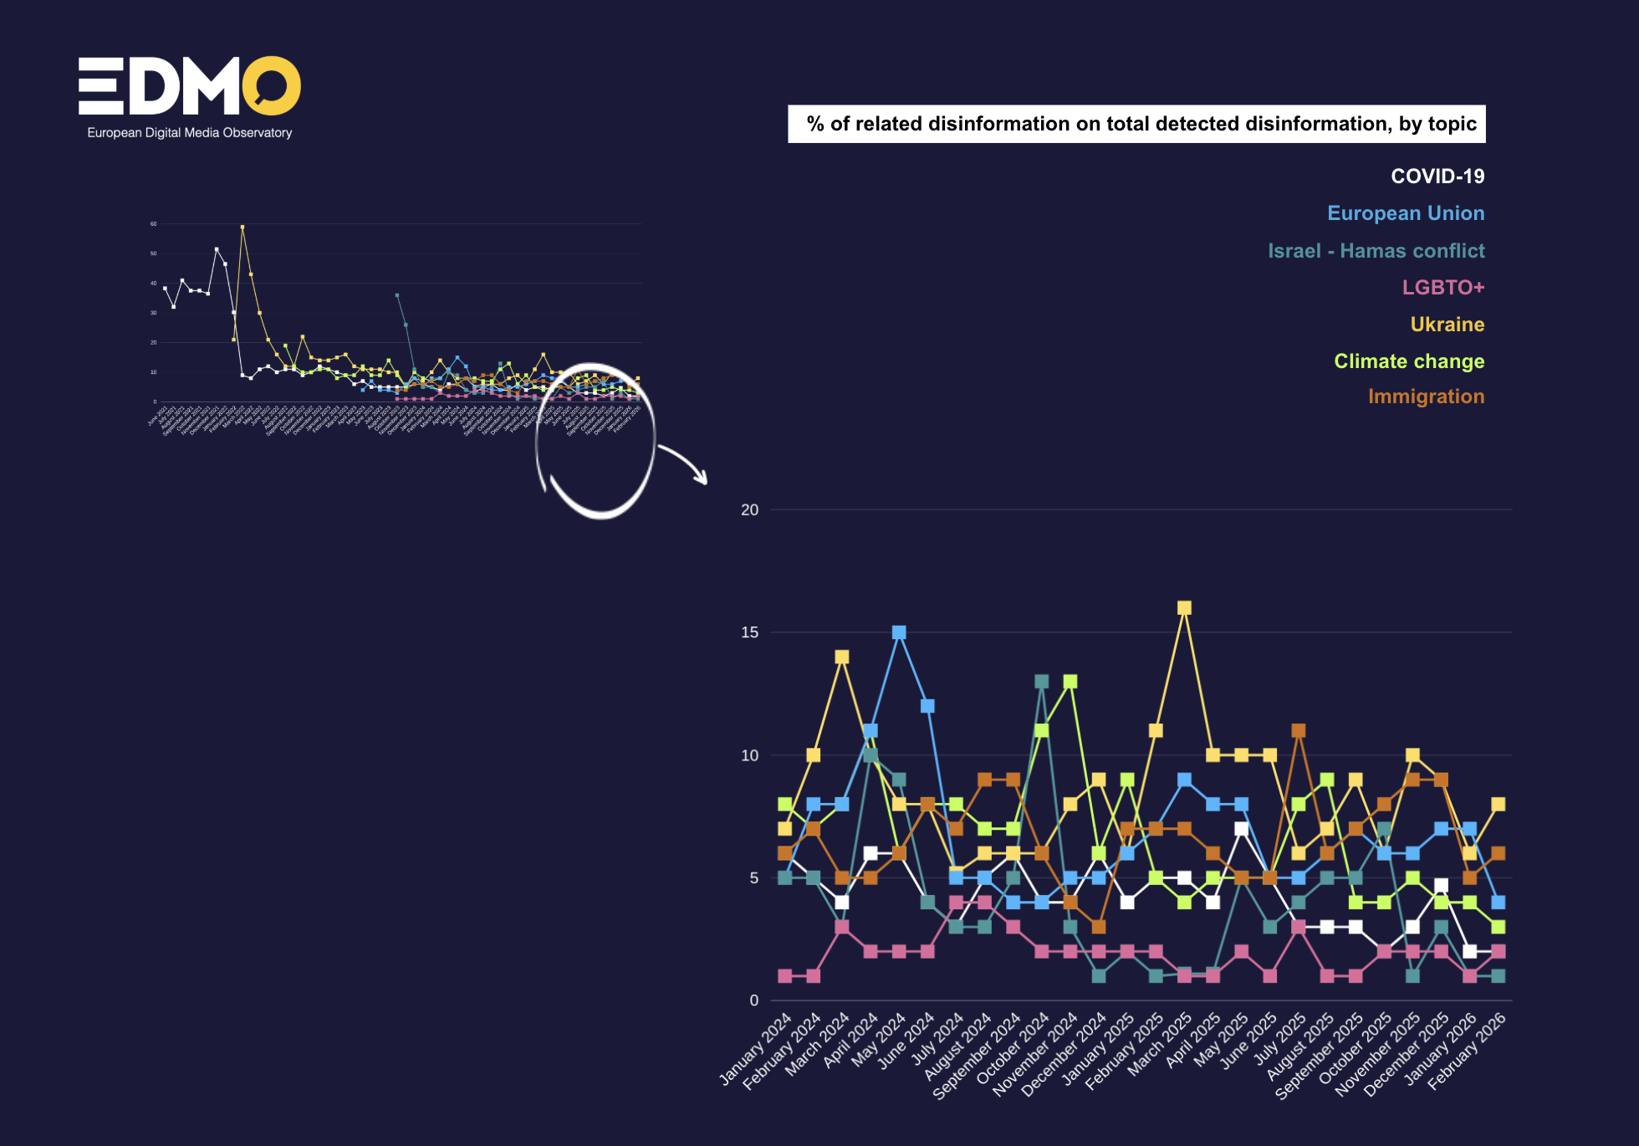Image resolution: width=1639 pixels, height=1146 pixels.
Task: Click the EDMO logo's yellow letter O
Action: click(x=271, y=85)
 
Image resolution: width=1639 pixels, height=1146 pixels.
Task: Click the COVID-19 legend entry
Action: click(x=1437, y=177)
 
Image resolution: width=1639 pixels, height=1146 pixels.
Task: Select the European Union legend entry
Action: click(x=1405, y=213)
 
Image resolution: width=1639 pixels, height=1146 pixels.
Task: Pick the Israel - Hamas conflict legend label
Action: click(x=1376, y=251)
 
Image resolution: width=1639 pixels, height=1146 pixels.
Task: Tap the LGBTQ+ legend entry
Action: click(x=1442, y=288)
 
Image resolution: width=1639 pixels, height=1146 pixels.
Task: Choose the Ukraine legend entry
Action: click(x=1447, y=325)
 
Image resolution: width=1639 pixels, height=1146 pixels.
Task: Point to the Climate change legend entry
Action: click(x=1408, y=361)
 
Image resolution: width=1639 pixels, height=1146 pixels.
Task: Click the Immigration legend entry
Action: click(x=1426, y=396)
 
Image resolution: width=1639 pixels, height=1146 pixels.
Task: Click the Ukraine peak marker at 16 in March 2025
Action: click(x=1184, y=608)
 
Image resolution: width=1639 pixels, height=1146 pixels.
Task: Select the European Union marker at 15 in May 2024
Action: click(x=899, y=632)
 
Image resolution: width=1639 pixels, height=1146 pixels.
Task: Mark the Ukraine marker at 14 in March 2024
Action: click(x=842, y=657)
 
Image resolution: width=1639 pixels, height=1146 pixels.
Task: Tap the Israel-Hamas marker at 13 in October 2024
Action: click(x=1041, y=682)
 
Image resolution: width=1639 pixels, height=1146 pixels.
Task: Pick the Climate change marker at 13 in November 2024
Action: click(x=1070, y=682)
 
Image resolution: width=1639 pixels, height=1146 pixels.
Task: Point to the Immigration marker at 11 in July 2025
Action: click(x=1299, y=731)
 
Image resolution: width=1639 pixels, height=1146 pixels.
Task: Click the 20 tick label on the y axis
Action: click(x=749, y=510)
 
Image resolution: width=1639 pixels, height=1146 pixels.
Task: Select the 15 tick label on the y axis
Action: click(x=749, y=633)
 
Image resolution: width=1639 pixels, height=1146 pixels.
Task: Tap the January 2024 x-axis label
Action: click(x=756, y=1049)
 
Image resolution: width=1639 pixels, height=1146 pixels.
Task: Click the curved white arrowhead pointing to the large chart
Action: click(x=701, y=478)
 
